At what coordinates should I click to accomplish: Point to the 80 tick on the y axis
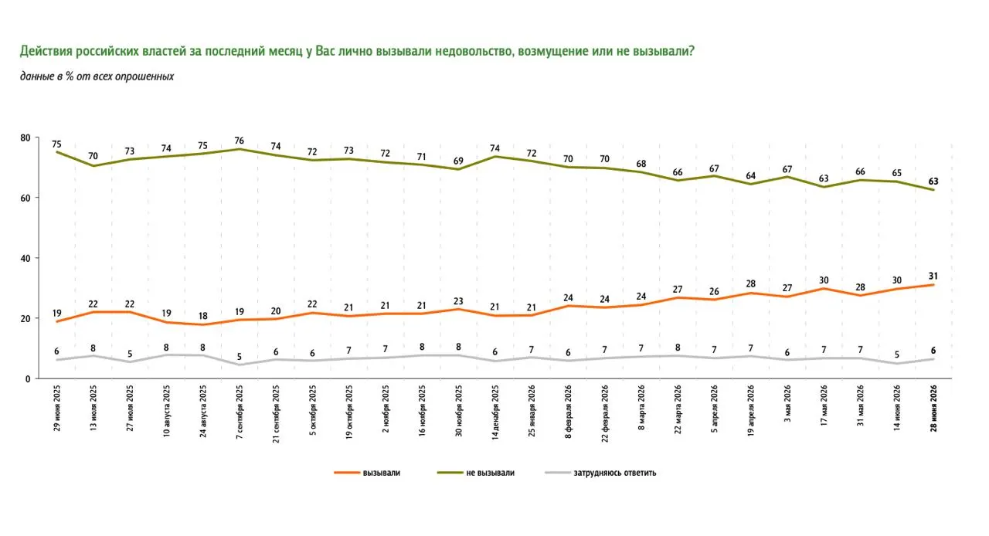pos(25,137)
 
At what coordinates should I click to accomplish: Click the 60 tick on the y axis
pos(25,198)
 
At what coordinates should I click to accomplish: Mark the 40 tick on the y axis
pos(25,258)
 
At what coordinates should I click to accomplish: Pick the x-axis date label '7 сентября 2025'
pos(240,412)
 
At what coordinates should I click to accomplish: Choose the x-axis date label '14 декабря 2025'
pos(495,412)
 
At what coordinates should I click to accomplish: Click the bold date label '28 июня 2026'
pos(933,409)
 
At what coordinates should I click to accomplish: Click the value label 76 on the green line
pos(239,141)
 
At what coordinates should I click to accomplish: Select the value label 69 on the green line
pos(458,161)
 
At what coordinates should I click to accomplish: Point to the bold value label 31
pos(933,276)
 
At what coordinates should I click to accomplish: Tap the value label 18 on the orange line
pos(202,316)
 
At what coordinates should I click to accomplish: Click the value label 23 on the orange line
pos(458,301)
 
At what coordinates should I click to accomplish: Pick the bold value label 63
pos(933,181)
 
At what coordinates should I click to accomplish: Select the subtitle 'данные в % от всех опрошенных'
pos(97,76)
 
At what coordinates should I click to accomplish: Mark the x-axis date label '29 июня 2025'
pos(56,409)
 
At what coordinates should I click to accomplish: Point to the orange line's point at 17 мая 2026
pos(824,289)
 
